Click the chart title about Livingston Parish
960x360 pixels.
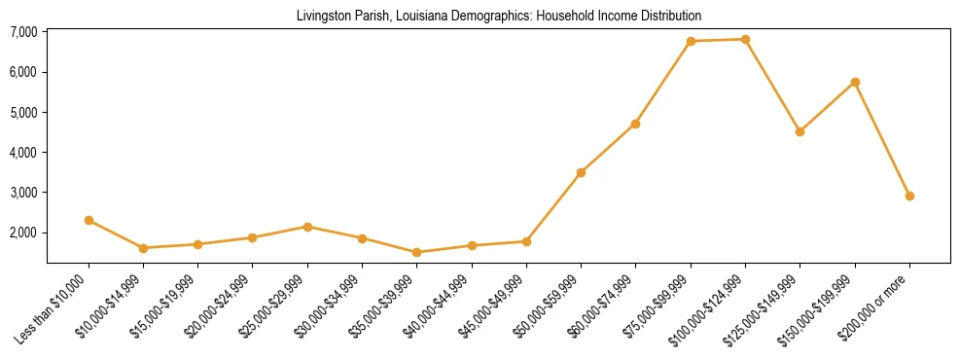click(498, 16)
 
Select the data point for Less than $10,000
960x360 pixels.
click(89, 220)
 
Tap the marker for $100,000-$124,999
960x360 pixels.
click(745, 39)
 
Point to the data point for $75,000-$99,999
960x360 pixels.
click(691, 41)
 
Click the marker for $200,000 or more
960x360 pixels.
click(909, 196)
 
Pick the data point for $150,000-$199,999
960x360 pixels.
click(855, 82)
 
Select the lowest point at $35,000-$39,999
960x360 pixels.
click(416, 252)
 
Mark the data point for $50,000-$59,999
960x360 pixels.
click(581, 172)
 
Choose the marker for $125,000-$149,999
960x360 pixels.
click(800, 131)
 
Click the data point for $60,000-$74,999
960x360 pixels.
click(635, 124)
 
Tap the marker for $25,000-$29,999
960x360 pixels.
click(307, 227)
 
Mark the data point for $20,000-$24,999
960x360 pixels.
click(252, 237)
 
